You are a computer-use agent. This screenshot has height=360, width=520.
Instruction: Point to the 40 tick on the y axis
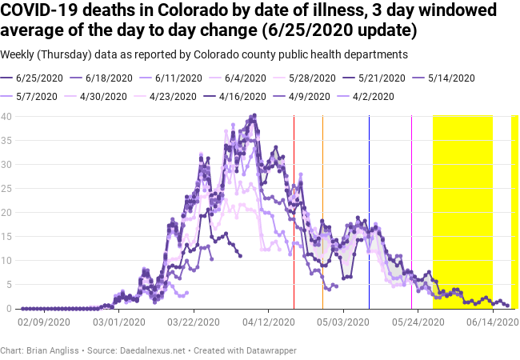[6, 116]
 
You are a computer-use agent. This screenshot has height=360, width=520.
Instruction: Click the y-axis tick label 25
[6, 188]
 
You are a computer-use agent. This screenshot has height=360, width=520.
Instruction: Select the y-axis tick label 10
[6, 261]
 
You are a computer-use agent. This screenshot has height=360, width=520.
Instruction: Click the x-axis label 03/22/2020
[192, 322]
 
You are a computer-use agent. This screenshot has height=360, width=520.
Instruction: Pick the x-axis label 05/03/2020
[343, 322]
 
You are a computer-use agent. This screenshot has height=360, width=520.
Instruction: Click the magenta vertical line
[411, 211]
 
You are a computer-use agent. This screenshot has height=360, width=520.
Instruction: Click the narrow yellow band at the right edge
[515, 211]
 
